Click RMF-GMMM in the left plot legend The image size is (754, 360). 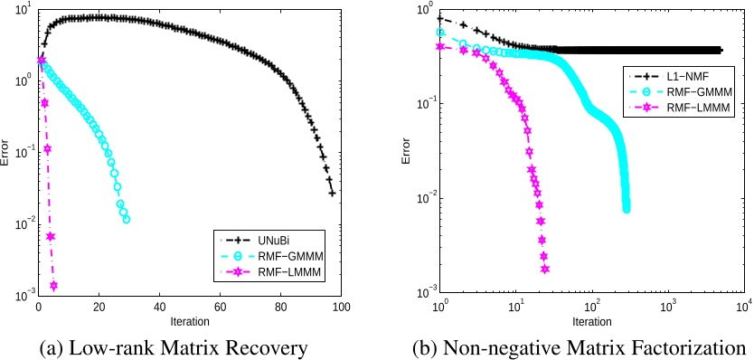tap(270, 257)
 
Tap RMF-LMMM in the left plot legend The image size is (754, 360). tap(270, 274)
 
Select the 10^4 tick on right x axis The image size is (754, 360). tap(744, 305)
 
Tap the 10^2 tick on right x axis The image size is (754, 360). tap(592, 305)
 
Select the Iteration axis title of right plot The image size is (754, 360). tap(592, 321)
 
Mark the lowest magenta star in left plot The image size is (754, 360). tap(53, 286)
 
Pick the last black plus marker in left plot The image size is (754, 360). tap(332, 193)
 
